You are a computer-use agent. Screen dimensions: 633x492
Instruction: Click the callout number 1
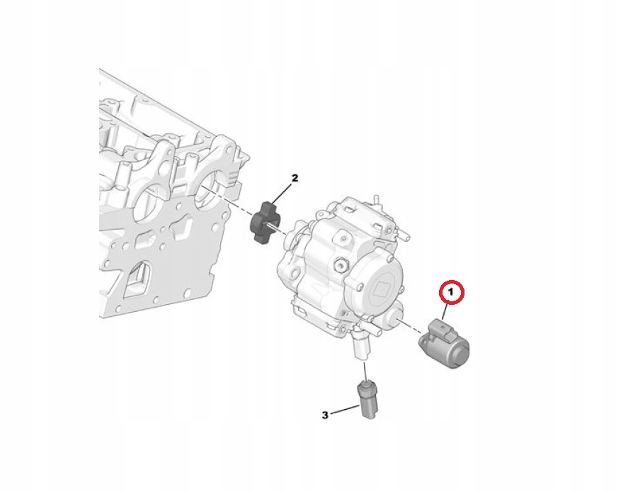click(x=451, y=291)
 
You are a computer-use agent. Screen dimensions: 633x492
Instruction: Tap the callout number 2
click(x=295, y=178)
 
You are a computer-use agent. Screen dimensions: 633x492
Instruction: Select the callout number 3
click(x=326, y=415)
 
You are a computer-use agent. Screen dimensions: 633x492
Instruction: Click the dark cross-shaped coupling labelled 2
click(x=265, y=221)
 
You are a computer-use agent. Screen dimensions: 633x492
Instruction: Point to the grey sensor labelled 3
click(x=368, y=401)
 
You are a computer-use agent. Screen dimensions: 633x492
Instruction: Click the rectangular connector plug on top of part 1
click(x=442, y=327)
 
